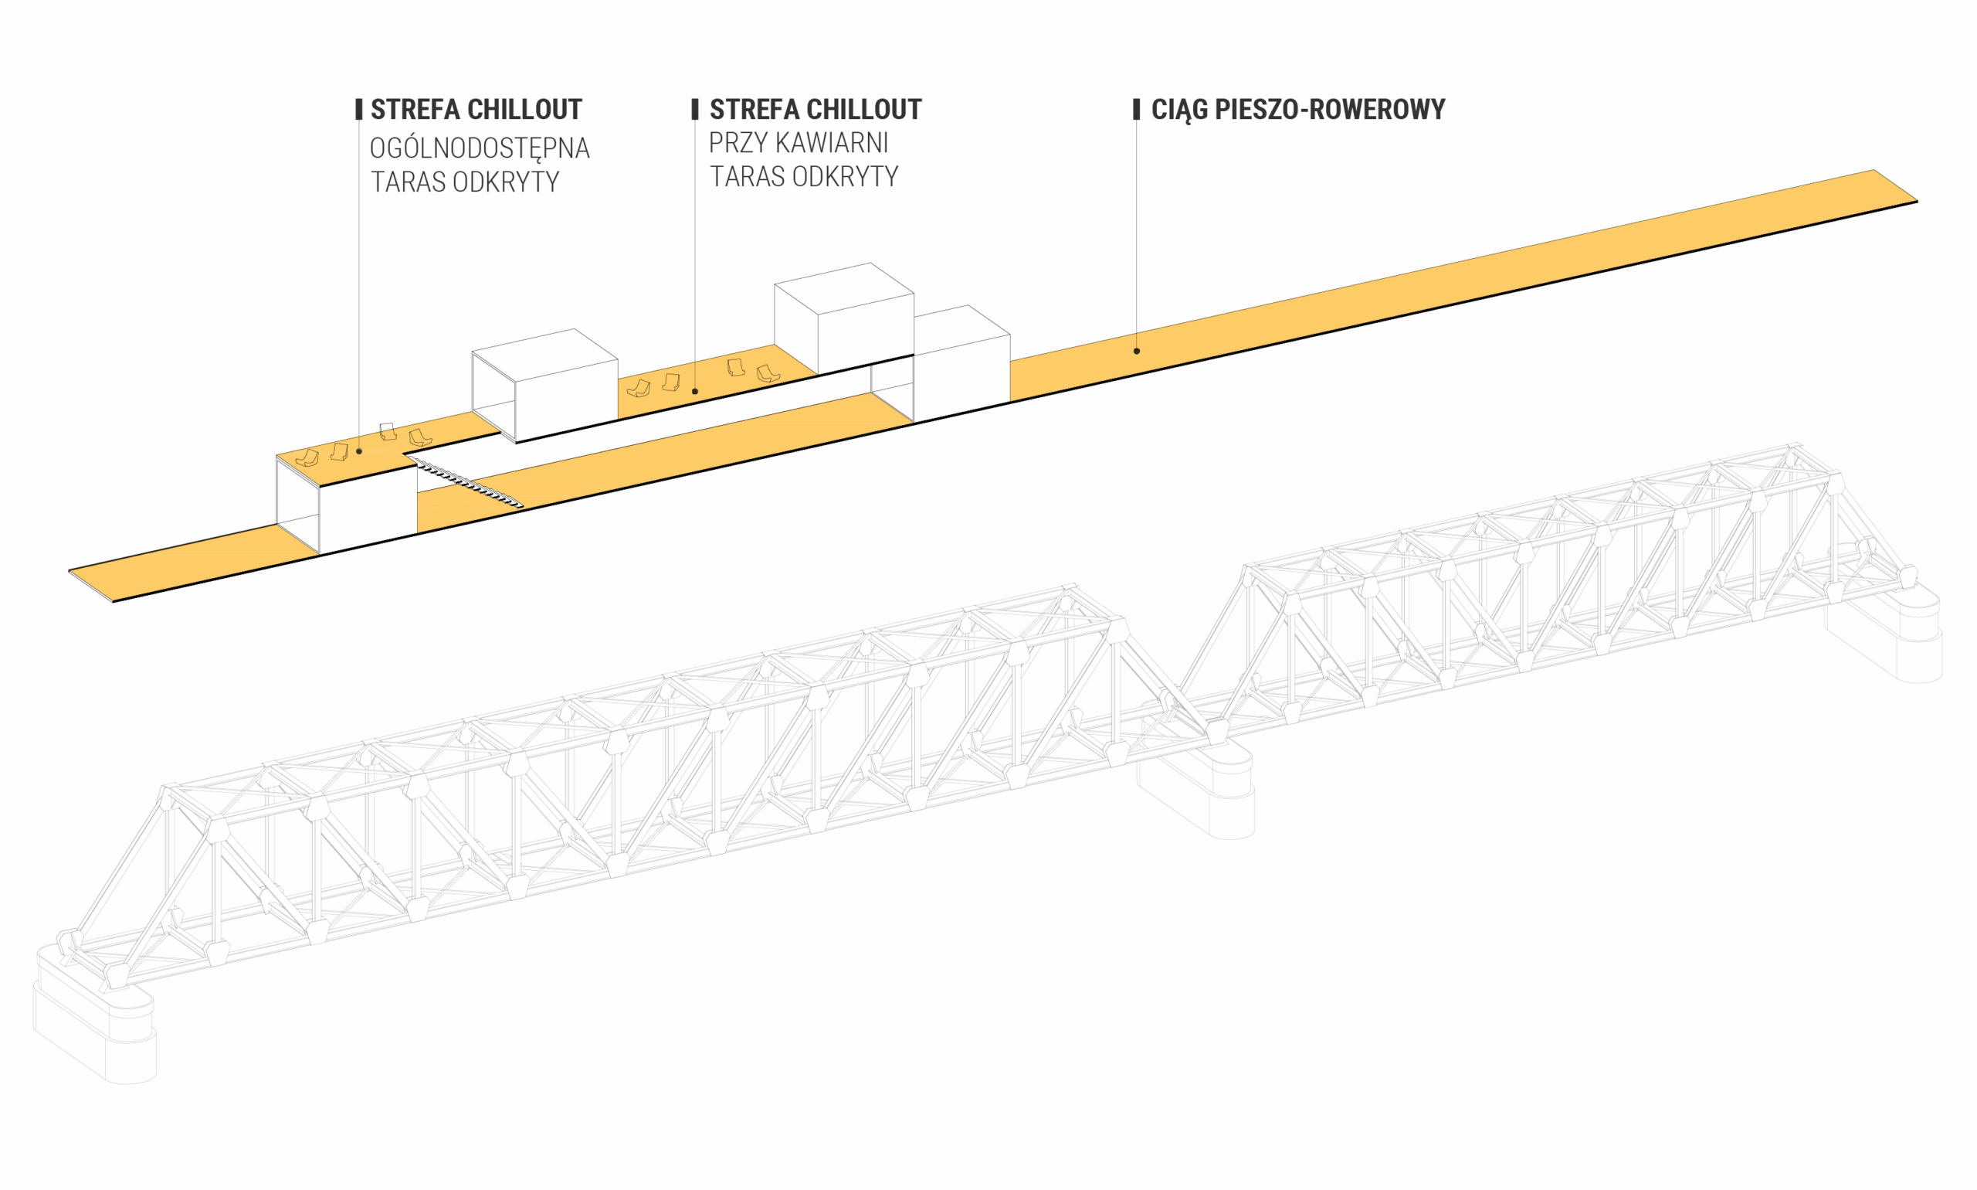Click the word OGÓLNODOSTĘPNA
point(480,148)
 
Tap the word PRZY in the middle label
point(737,143)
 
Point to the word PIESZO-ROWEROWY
point(1330,109)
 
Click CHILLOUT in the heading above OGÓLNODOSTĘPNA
point(524,109)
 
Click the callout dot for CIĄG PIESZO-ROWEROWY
point(1136,352)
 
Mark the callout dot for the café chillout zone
point(695,391)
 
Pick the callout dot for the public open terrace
point(359,451)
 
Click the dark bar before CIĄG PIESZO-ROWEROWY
point(1136,109)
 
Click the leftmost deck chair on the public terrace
point(307,458)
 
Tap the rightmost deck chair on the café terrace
point(767,373)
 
